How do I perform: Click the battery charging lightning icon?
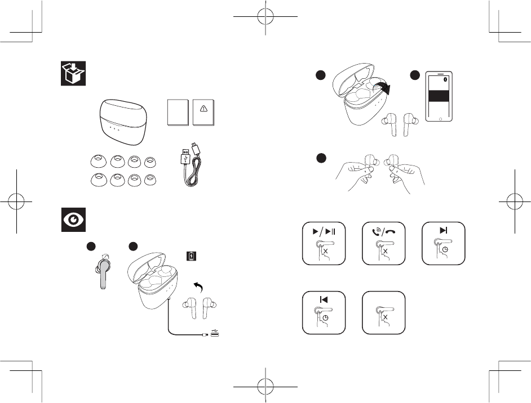pos(192,257)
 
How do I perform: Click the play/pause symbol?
pos(324,231)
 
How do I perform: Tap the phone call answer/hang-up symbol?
pos(384,231)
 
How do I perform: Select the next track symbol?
pos(444,231)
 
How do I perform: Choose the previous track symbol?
pos(324,299)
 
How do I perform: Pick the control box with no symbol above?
pos(383,312)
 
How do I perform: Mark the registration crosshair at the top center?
pos(265,17)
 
